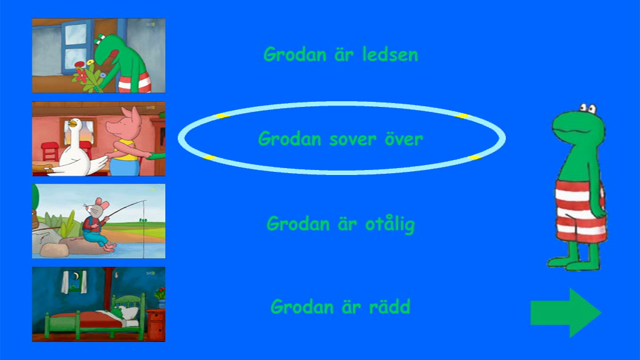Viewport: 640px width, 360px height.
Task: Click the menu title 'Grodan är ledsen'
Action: tap(341, 55)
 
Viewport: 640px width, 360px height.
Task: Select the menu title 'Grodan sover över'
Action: tap(341, 139)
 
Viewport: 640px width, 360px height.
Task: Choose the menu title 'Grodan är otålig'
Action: tap(341, 224)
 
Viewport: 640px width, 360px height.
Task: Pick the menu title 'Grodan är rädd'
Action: tap(341, 307)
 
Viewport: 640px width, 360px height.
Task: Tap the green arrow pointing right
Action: tap(566, 312)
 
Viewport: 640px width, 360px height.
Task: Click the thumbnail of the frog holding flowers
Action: tap(99, 56)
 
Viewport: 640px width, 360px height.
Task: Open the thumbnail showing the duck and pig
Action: tap(99, 139)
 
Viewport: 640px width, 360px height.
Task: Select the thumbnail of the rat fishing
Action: tap(99, 221)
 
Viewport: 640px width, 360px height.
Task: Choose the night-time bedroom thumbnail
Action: tap(99, 304)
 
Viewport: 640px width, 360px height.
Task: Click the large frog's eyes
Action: tap(588, 108)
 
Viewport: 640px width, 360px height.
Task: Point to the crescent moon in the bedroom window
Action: tap(76, 277)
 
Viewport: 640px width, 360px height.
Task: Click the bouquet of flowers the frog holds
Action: tap(87, 76)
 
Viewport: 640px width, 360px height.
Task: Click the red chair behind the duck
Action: tap(50, 151)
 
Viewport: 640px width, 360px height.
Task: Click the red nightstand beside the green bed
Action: tap(156, 324)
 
